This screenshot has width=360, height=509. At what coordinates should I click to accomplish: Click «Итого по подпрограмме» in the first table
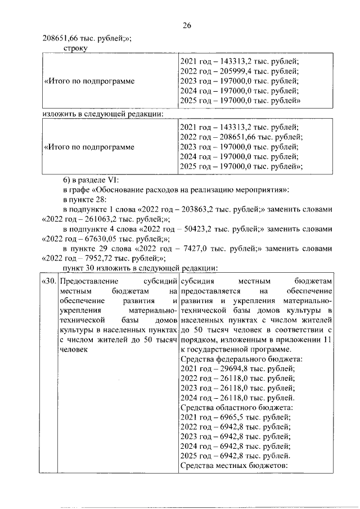tap(89, 81)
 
